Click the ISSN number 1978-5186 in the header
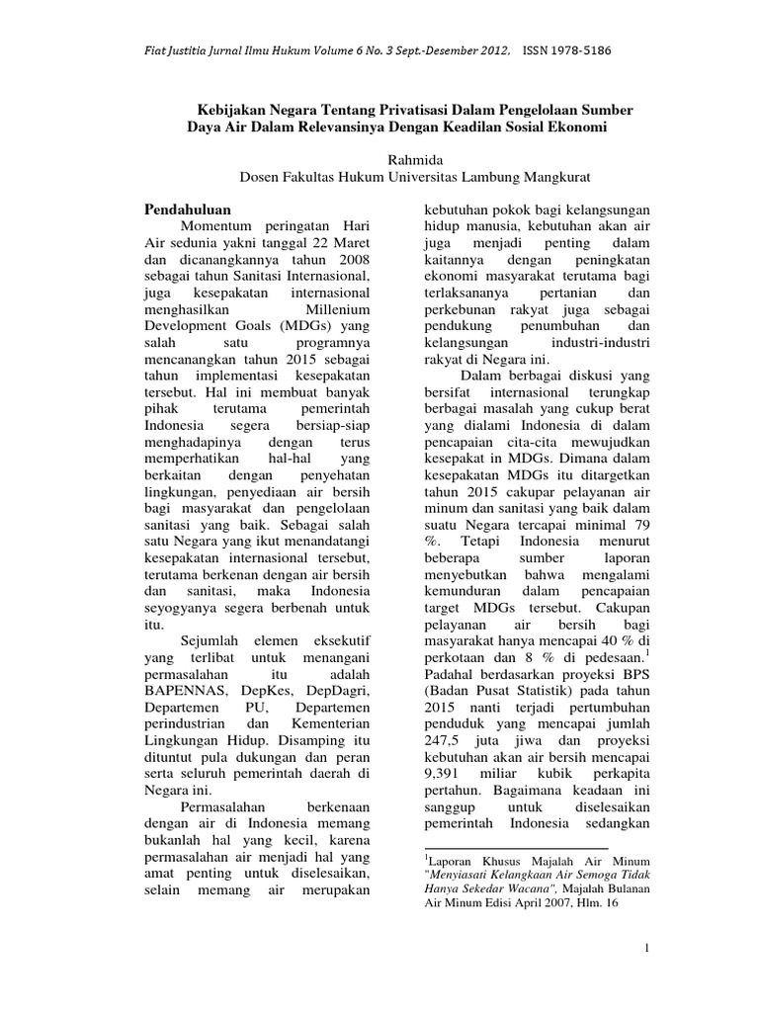(x=590, y=49)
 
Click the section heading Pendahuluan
(x=188, y=211)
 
